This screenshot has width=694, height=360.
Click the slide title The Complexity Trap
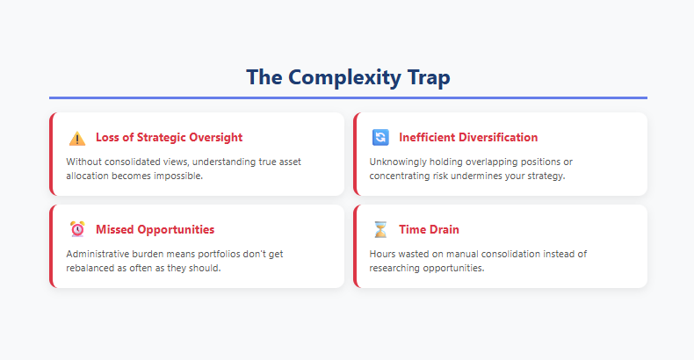point(348,77)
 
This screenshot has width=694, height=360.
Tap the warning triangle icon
point(77,138)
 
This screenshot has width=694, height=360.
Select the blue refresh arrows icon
point(380,138)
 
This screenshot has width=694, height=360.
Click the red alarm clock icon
point(77,229)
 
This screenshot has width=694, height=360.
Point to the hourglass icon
point(380,229)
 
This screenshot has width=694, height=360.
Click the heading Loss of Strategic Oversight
point(169,138)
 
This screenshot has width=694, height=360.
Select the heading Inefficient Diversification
point(468,138)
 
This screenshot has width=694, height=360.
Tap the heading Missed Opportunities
point(155,229)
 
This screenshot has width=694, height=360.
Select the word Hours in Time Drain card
point(384,254)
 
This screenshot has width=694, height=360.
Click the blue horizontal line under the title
point(348,97)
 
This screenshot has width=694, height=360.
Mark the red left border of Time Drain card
point(355,247)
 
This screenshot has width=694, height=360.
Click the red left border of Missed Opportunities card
point(52,247)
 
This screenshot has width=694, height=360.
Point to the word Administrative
point(100,254)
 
